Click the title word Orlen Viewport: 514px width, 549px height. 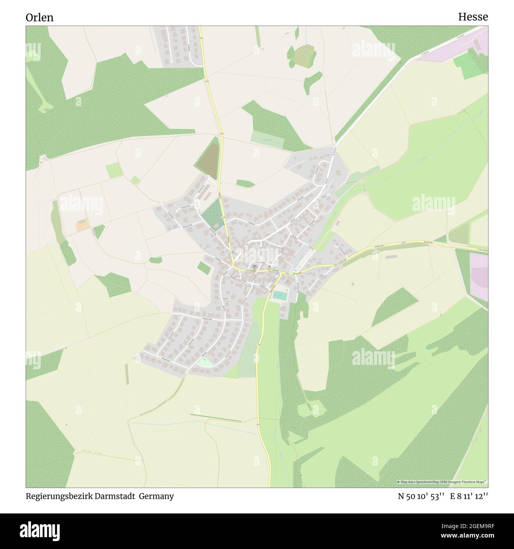40,17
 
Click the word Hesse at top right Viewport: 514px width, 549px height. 473,17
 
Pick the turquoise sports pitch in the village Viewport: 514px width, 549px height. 280,295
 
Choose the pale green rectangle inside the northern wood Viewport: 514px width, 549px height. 267,137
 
